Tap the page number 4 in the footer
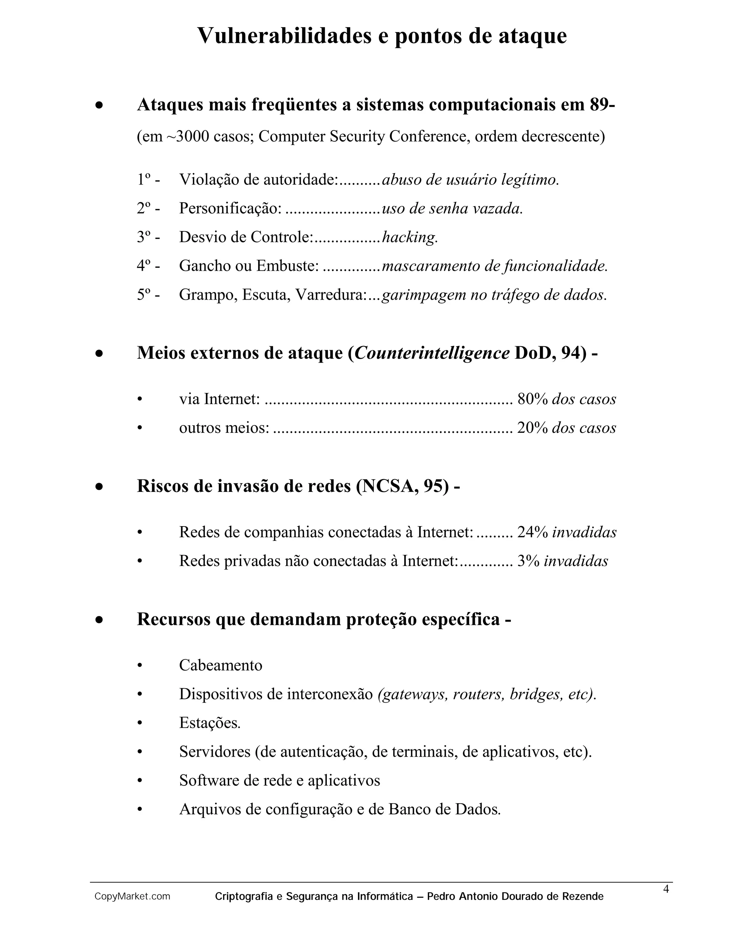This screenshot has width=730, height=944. click(666, 889)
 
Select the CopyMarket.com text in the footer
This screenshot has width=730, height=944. click(132, 897)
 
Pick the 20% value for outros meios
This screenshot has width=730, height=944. click(533, 428)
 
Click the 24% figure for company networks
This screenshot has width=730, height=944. click(533, 532)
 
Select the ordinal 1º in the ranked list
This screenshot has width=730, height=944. click(144, 180)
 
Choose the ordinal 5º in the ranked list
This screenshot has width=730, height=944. click(144, 295)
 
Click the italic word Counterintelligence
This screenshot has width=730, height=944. click(432, 353)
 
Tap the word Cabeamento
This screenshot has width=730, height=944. click(221, 665)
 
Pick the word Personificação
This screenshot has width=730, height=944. click(230, 208)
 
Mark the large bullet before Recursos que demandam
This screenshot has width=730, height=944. click(99, 620)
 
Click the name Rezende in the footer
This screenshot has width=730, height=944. click(582, 897)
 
